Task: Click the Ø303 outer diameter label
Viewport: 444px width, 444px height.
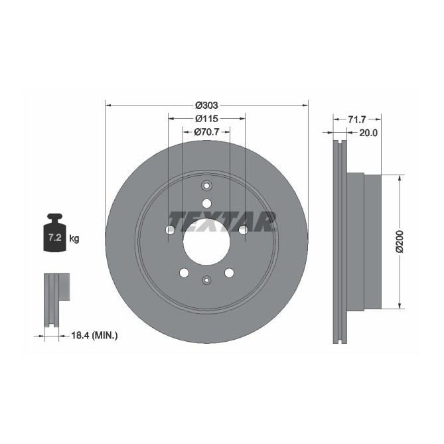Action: (206, 105)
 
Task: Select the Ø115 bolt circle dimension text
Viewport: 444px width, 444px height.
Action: (206, 118)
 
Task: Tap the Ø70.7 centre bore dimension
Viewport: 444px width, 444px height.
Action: (206, 132)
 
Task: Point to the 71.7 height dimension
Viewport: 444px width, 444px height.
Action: (356, 119)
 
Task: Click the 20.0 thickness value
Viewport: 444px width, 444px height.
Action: (368, 133)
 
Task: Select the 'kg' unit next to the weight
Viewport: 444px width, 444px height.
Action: (74, 238)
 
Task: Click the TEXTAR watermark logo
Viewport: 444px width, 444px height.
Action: (222, 220)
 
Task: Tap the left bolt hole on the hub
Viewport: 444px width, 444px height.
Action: (170, 230)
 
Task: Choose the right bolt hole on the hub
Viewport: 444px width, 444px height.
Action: (243, 230)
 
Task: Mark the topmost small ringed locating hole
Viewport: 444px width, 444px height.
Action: (206, 186)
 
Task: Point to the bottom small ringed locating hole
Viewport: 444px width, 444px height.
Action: (206, 279)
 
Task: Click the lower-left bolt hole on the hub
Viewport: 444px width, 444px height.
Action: (184, 272)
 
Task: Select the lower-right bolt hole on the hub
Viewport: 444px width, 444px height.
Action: (229, 272)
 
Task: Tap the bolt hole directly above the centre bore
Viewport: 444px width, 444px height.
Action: (206, 203)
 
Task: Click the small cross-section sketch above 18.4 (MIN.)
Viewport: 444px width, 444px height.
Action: (56, 299)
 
